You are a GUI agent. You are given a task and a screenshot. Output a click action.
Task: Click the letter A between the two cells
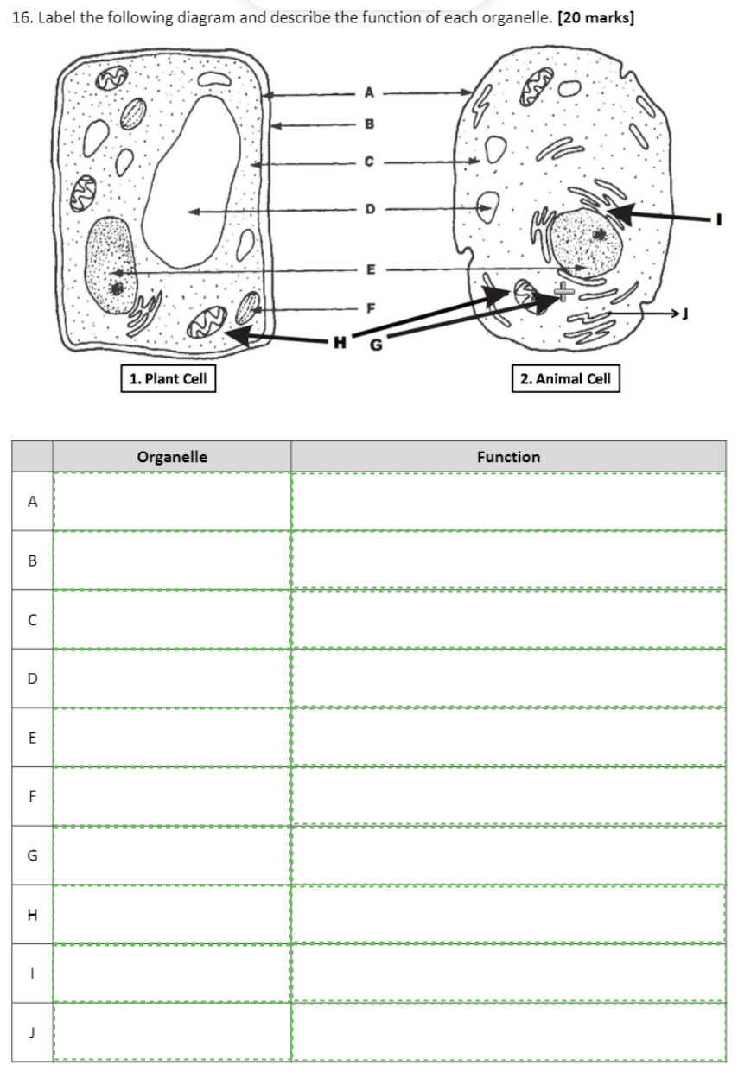370,92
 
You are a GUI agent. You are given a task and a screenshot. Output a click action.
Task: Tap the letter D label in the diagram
370,209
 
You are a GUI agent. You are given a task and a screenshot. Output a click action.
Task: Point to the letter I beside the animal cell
716,219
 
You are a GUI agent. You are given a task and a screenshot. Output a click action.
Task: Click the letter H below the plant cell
340,343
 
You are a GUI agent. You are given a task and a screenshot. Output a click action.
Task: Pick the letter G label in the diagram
375,346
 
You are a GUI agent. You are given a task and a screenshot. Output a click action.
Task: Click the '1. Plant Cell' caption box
168,378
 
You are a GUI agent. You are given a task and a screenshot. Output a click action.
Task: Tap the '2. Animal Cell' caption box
566,378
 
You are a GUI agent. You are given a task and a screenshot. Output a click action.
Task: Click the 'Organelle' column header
172,457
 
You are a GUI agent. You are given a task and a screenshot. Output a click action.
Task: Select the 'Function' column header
508,457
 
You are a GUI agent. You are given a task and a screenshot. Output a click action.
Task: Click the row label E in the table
33,738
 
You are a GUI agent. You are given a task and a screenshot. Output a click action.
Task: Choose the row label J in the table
33,1032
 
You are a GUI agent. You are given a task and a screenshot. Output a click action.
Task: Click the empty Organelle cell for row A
172,502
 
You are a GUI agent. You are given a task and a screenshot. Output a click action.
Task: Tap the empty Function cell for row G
508,856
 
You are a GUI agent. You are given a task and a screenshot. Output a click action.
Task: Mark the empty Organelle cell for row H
172,915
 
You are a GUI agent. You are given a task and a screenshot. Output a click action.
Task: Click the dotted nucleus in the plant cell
110,263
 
